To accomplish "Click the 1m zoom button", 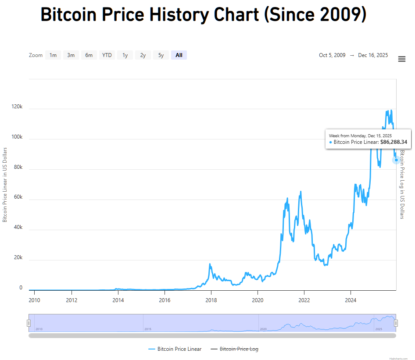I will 53,55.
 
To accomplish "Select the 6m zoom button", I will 89,55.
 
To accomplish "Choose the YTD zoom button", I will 107,55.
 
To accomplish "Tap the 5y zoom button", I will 161,55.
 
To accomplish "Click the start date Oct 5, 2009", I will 332,55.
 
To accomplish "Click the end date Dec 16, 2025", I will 373,55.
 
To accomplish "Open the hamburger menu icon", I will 401,59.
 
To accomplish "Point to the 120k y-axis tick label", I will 17,107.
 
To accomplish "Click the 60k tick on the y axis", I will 18,197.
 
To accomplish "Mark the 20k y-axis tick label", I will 18,258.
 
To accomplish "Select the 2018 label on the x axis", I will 211,300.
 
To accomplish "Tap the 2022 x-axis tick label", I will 304,300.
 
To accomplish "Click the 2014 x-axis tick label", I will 118,300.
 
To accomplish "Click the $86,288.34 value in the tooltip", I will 394,142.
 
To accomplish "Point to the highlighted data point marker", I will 396,160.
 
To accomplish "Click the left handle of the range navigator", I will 29,323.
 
